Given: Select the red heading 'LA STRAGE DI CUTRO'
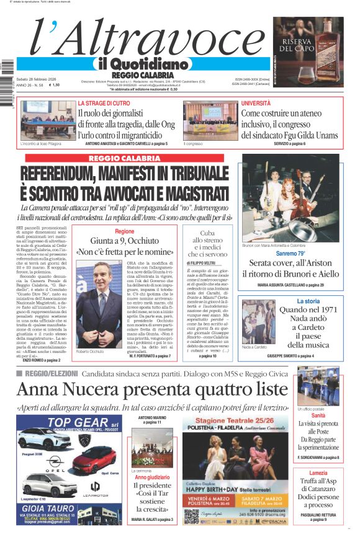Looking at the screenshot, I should pos(104,103).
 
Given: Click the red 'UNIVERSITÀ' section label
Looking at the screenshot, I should pos(256,103).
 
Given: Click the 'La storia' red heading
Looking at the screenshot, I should pos(308,301).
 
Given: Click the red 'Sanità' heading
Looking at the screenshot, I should pos(318,416).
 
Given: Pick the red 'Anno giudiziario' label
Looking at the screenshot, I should pos(152,478).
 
